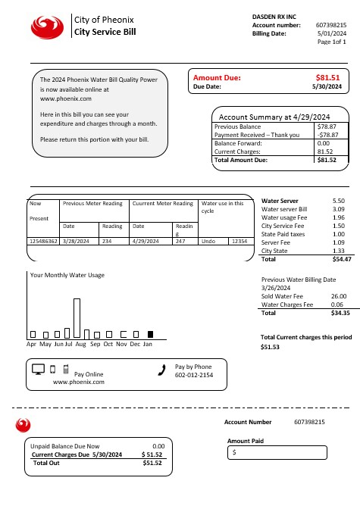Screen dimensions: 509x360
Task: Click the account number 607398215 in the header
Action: (x=331, y=26)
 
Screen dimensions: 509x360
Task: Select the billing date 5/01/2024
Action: (x=333, y=33)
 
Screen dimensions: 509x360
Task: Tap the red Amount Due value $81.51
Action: (x=327, y=77)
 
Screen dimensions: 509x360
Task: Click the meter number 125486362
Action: (x=42, y=240)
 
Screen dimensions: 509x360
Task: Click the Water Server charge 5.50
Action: (x=339, y=200)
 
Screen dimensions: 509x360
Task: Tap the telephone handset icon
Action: (x=161, y=370)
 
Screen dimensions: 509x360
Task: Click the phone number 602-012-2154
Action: (x=194, y=375)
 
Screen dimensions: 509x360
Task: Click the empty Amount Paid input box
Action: (x=277, y=452)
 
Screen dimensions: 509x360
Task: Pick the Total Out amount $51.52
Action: (x=152, y=463)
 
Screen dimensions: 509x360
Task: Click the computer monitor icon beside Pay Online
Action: (x=39, y=370)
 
